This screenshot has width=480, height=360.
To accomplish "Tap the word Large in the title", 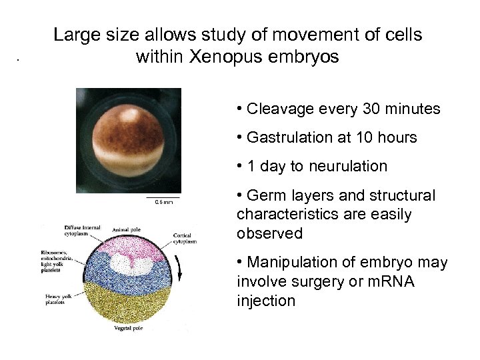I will pyautogui.click(x=75, y=35).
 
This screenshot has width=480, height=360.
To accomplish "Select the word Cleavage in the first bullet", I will pyautogui.click(x=277, y=109).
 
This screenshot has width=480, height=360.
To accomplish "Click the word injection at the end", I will pyautogui.click(x=265, y=301).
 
